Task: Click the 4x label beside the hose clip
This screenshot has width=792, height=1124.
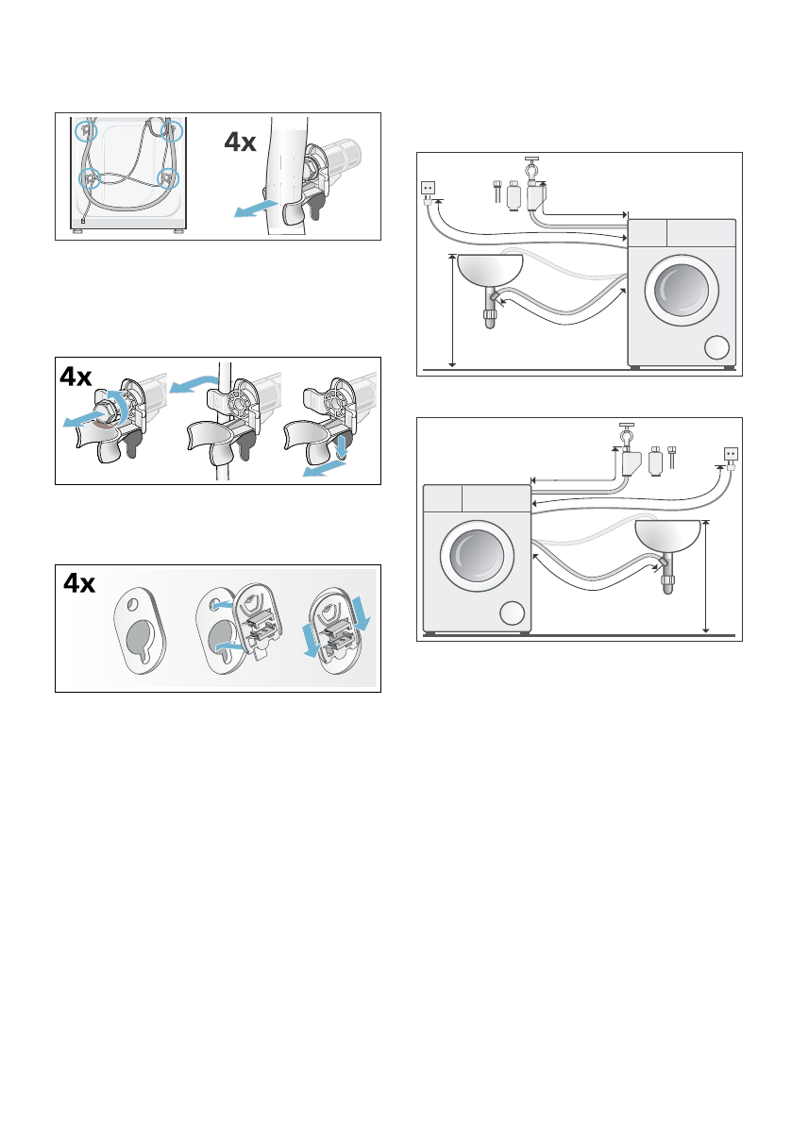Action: coord(240,142)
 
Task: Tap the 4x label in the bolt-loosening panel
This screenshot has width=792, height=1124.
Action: coord(76,377)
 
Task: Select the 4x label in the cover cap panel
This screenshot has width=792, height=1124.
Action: coord(78,584)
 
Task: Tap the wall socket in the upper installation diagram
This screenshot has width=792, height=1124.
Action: coord(427,188)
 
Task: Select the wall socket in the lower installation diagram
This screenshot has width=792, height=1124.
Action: coord(729,454)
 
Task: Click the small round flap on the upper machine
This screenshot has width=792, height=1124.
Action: coord(717,347)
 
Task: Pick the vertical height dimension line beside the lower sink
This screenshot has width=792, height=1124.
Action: coord(706,576)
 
